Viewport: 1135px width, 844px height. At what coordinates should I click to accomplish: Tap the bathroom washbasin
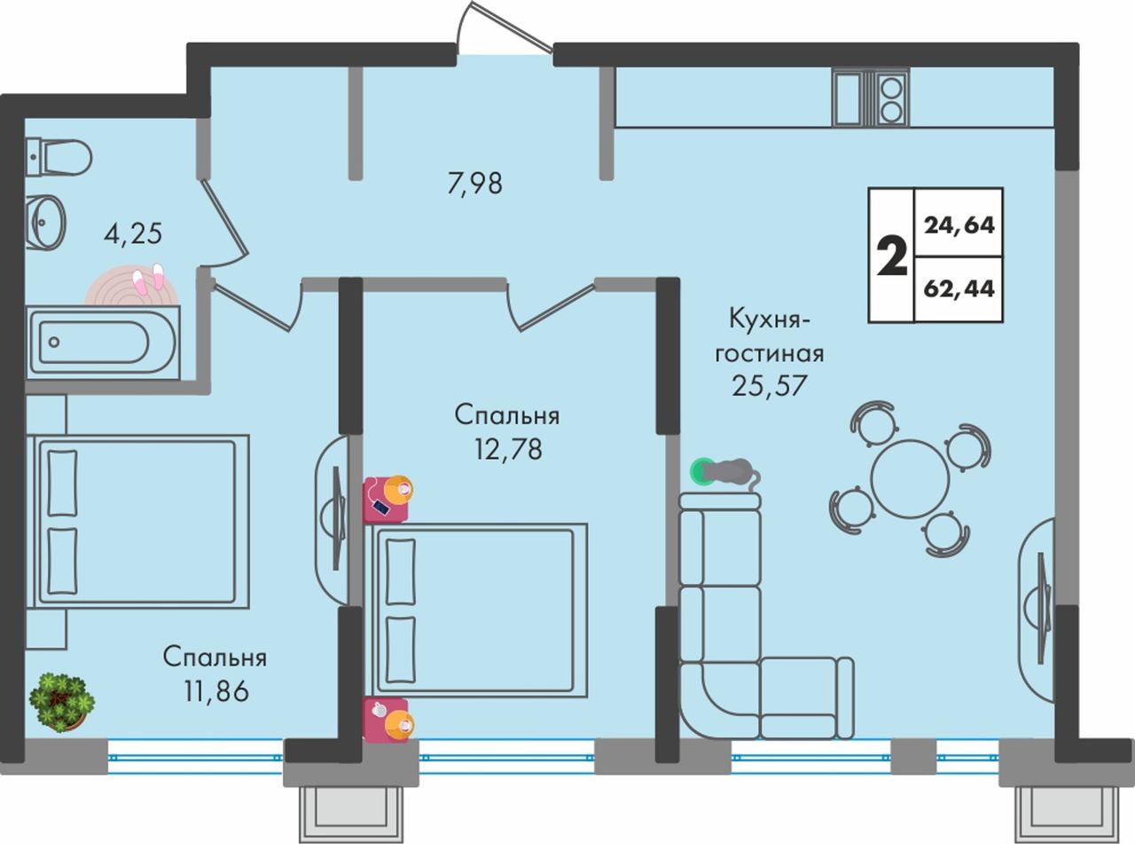click(x=46, y=221)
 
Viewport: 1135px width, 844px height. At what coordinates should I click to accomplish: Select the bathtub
click(x=102, y=342)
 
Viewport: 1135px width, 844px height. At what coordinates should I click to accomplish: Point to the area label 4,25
click(x=133, y=234)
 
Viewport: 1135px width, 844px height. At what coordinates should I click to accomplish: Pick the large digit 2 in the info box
click(x=891, y=256)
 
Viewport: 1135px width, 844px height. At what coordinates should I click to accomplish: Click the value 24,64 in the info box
click(x=959, y=225)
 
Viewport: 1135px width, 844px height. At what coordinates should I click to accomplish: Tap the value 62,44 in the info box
click(x=959, y=288)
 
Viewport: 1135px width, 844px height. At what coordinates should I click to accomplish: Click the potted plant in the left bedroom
click(x=61, y=701)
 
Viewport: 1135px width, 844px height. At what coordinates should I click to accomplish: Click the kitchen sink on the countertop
click(x=847, y=98)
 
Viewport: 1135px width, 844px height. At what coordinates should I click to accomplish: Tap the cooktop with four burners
click(x=889, y=98)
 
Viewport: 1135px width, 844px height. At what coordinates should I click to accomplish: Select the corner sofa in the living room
click(x=736, y=639)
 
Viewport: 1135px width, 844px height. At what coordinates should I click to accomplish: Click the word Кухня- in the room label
click(x=769, y=317)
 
